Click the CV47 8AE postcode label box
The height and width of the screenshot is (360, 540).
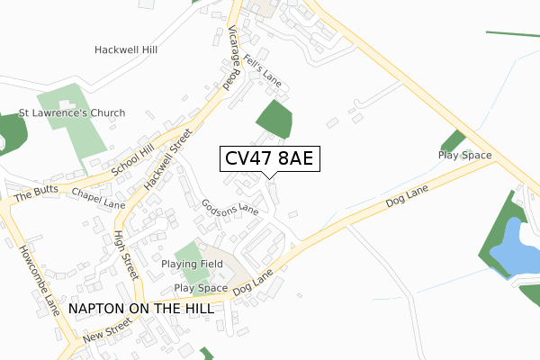[x=268, y=159]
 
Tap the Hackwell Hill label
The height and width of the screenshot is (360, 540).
[x=126, y=50]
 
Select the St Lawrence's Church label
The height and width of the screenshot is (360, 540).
[x=72, y=113]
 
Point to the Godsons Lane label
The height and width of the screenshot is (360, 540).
[x=230, y=207]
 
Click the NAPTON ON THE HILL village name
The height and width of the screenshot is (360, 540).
[x=141, y=308]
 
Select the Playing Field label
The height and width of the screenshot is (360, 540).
[x=191, y=264]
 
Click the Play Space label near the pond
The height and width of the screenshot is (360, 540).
[x=464, y=156]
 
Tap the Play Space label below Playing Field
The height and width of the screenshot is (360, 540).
[x=201, y=288]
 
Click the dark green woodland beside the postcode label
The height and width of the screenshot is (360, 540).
[x=274, y=119]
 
